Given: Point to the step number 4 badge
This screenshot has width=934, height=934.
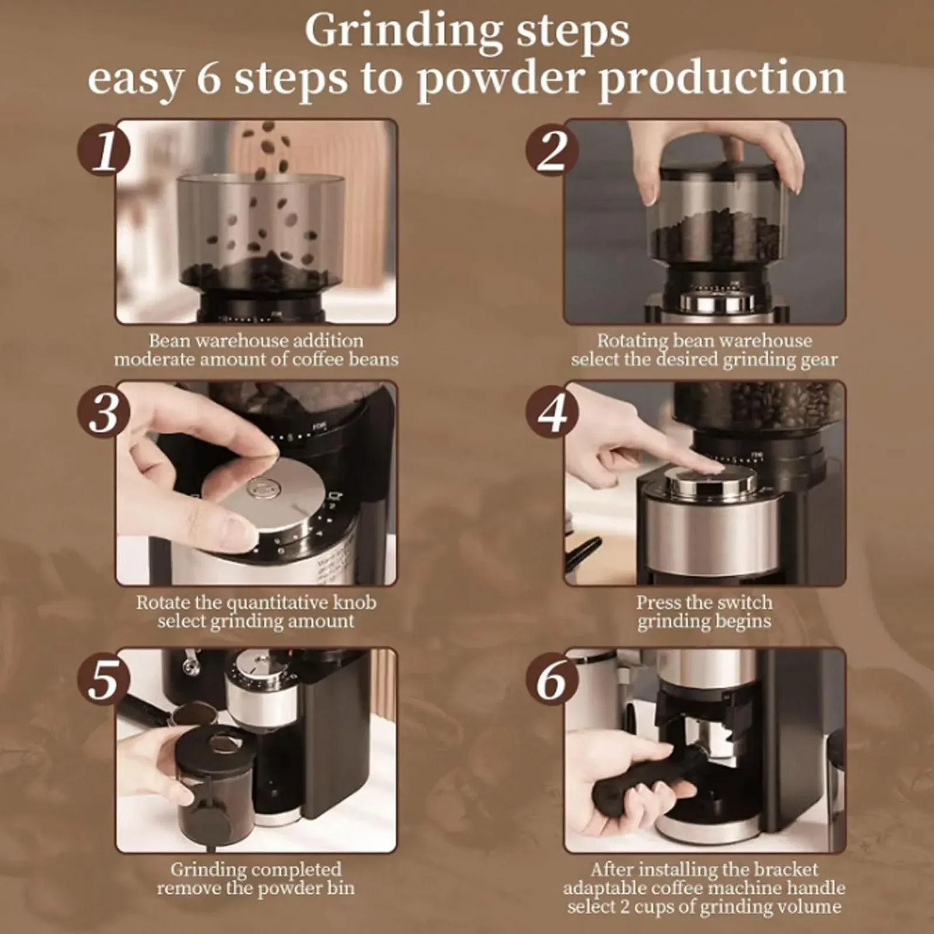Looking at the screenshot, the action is tap(552, 412).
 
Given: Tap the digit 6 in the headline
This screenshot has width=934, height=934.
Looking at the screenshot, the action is tap(208, 78).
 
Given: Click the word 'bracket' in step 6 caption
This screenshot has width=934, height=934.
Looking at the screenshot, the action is tap(784, 869).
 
